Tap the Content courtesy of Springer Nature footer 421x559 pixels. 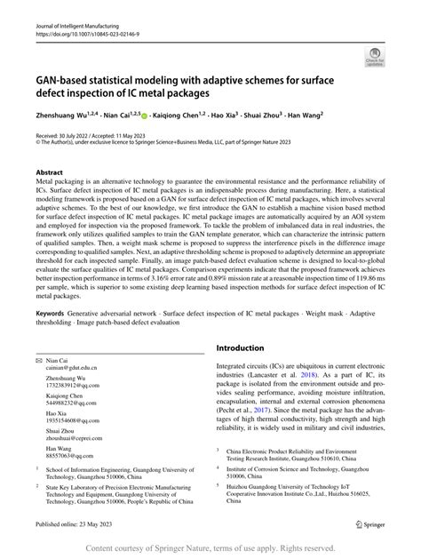(x=210, y=548)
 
